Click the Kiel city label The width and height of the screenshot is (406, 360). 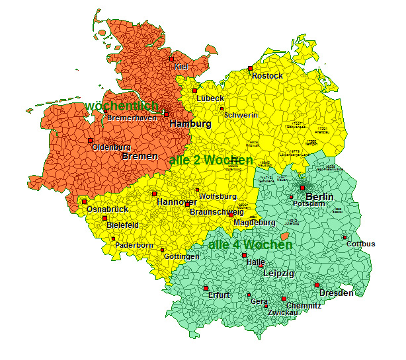(180, 67)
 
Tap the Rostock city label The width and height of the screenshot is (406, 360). (267, 76)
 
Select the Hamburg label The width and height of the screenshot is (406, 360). (190, 124)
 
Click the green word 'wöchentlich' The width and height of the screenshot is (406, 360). (121, 106)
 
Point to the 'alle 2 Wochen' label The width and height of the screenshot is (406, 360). (210, 161)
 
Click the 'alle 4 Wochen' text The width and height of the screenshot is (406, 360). (250, 245)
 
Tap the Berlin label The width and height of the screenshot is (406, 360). (319, 196)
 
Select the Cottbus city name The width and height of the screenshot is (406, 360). (360, 244)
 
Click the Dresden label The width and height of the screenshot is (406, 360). (337, 293)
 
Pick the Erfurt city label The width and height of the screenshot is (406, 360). (218, 295)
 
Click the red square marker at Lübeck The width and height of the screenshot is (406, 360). (194, 91)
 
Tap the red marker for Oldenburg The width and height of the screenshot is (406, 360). (90, 141)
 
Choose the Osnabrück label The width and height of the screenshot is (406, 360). (107, 209)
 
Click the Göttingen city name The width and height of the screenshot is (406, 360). (181, 256)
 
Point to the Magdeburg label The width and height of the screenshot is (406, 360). (254, 223)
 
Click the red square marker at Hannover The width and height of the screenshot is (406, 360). (155, 194)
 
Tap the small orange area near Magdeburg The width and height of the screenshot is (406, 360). (284, 236)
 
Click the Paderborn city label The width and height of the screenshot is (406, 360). (134, 246)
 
